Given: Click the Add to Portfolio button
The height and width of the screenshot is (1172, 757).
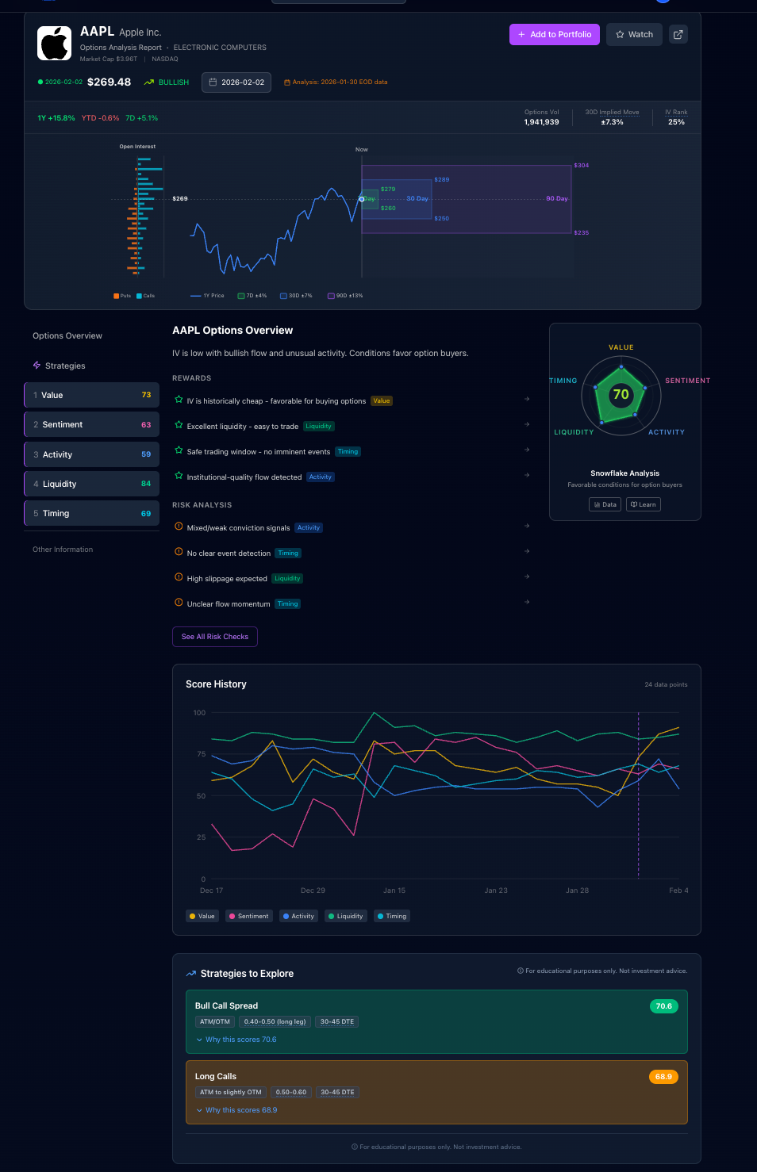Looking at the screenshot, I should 555,34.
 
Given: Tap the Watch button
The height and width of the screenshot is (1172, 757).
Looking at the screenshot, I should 634,34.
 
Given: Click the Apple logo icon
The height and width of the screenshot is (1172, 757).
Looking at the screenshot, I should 55,43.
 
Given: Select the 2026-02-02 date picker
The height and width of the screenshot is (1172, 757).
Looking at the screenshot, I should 236,82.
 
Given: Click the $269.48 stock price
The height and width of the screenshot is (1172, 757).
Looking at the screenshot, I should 109,82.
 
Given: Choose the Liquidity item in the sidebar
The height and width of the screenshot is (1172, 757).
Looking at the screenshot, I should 91,484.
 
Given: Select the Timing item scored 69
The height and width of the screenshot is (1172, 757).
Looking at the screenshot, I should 91,513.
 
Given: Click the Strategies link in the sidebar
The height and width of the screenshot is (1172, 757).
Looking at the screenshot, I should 65,366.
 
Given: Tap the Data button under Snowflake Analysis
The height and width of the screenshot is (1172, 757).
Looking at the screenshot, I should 605,504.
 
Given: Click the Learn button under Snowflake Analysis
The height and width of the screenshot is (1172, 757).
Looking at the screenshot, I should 644,504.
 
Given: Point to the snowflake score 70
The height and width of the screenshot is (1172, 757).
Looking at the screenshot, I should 621,394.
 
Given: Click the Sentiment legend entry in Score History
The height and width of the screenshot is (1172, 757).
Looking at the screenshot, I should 249,916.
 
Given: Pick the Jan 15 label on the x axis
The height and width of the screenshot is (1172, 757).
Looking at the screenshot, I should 394,890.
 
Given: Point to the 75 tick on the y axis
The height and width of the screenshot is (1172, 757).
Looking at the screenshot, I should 202,754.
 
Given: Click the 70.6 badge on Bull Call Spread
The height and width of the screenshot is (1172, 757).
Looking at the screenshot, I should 663,1006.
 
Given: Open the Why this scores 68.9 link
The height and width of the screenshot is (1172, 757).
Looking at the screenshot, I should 241,1110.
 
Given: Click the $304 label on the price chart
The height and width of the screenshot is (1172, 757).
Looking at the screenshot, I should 582,166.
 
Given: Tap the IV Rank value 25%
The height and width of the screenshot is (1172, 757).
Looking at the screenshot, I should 676,122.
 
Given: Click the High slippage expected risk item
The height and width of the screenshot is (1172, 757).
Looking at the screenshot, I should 227,579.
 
